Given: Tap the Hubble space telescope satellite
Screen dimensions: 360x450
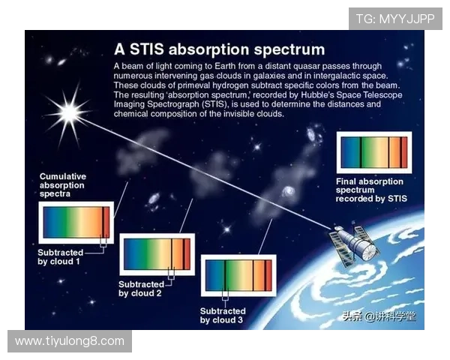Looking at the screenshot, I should point(353,244).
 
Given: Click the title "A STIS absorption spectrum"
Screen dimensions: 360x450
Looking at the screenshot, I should point(219,50).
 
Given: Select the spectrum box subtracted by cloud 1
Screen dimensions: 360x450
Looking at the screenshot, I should point(76,222).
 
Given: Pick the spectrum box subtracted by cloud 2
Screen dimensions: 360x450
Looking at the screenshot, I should point(157,254).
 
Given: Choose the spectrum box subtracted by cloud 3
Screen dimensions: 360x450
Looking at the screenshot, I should point(238,277).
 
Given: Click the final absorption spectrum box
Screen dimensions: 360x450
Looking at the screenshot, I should point(374,152).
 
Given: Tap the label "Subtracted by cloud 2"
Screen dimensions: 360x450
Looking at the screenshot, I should point(142,289).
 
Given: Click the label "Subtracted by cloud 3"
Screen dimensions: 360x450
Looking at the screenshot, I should point(223,315).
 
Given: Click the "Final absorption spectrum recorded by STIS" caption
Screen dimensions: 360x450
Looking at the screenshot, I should point(370,190).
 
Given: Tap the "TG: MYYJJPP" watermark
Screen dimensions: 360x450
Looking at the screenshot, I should point(395,19).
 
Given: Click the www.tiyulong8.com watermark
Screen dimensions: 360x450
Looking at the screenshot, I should point(70,341).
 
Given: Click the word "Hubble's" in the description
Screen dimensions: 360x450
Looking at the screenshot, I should point(316,96).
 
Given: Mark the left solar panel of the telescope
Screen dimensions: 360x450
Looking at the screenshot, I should point(342,253).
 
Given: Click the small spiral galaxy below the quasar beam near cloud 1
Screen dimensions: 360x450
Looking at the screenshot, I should point(154,199).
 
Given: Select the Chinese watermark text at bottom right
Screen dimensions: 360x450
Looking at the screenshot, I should point(379,316).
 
